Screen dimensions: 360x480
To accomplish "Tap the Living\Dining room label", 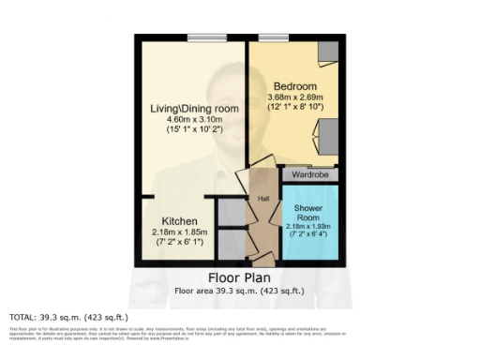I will pos(195,109).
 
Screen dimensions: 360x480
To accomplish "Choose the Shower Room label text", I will pos(308,211).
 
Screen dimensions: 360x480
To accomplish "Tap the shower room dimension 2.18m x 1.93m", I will pos(308,226).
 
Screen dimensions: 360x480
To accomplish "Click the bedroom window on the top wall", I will pos(272,37).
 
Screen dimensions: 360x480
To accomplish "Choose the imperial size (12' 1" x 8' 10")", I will pos(296,107).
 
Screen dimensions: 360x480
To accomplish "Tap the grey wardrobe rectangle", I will pos(310,173).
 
